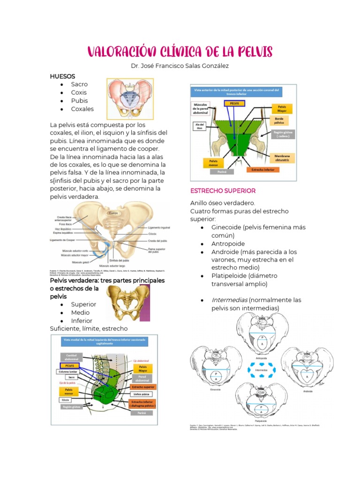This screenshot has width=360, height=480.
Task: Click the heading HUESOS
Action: tap(63, 76)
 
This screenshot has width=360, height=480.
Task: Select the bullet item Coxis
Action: tap(79, 92)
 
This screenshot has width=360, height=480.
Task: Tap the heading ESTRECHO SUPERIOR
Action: tap(223, 191)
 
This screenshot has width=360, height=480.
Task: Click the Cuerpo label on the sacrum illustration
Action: tap(113, 213)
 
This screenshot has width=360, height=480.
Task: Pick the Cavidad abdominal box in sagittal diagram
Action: tap(71, 356)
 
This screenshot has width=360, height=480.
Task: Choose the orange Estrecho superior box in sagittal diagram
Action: tap(144, 387)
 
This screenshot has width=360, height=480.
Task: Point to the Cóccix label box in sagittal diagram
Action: tap(65, 400)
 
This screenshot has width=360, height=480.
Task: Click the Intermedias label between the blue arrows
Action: tap(261, 370)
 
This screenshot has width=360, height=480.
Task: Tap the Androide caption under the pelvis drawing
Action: tap(307, 391)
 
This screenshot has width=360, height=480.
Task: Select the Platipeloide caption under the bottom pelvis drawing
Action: tap(261, 421)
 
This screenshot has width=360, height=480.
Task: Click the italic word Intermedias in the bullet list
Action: tap(229, 300)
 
